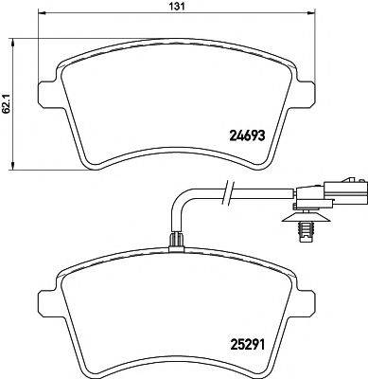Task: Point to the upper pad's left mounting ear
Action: point(44,92)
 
